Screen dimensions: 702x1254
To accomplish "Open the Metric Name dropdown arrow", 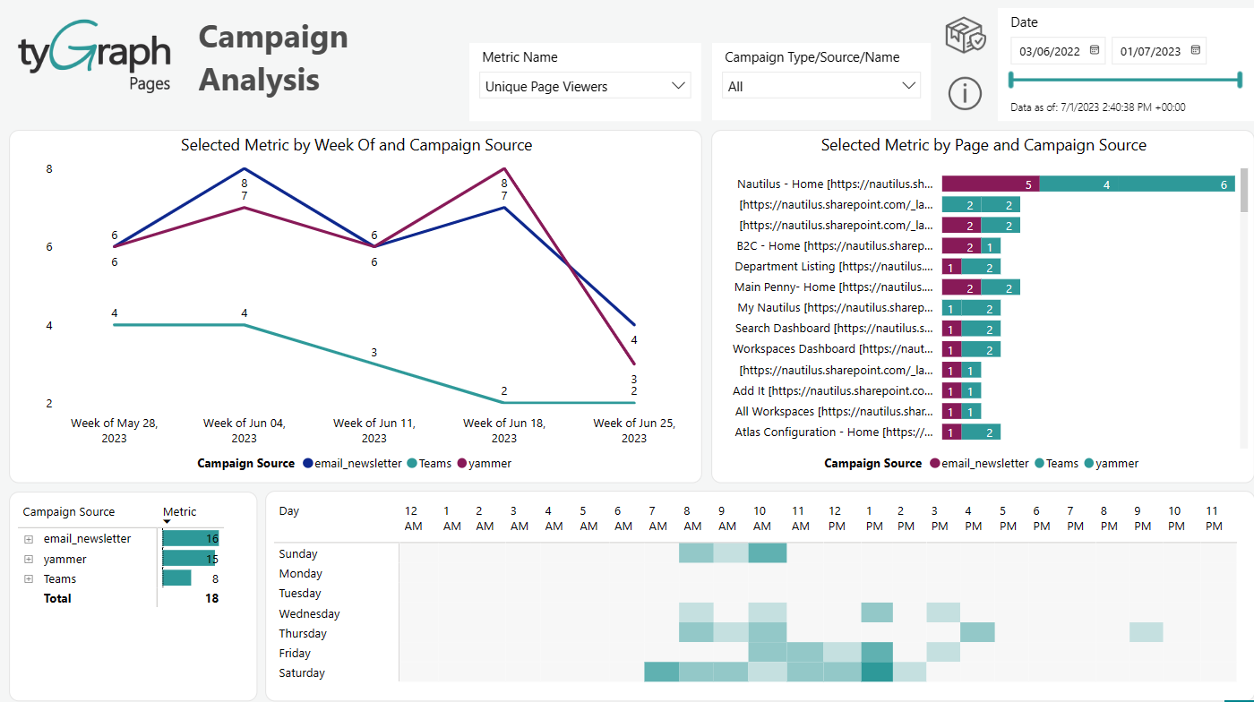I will coord(678,86).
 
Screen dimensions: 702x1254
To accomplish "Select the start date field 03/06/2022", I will coord(1050,51).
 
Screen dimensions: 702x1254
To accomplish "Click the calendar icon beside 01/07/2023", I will coord(1195,51).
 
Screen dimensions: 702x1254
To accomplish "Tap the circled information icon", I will coord(965,93).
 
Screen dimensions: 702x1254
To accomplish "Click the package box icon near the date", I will coord(965,36).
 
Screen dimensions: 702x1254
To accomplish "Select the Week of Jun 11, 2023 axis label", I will coord(374,430).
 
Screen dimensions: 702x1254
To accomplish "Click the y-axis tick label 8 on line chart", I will coord(49,168).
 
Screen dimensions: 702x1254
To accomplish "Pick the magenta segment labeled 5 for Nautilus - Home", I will coord(990,184).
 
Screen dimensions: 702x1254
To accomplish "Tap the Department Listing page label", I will coord(833,266).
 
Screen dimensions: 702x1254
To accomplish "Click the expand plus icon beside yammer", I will coord(29,559).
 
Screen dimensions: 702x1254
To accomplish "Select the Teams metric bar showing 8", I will coord(177,578).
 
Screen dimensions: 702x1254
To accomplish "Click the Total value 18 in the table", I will coord(211,598).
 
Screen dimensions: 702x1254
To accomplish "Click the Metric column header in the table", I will coord(179,511).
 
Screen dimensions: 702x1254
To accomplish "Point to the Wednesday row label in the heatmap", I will coord(309,613).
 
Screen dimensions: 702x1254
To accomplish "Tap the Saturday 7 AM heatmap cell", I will coord(661,672).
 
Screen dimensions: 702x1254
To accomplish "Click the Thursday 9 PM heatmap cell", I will coord(1146,632).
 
